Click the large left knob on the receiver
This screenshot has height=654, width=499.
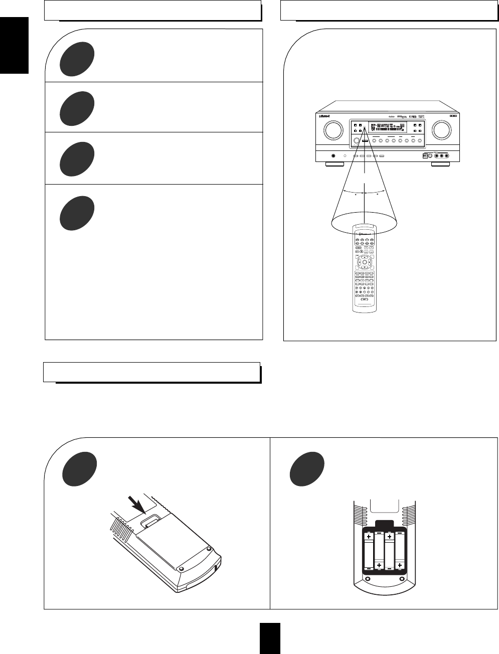tap(331, 130)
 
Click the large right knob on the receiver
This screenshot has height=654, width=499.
tap(441, 130)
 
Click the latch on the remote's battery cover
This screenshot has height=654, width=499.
tap(150, 522)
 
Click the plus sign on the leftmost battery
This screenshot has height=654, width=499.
tap(369, 537)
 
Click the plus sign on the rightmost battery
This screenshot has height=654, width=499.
tap(400, 566)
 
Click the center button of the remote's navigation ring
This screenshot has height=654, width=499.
tap(364, 262)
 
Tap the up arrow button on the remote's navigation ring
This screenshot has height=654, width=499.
tap(364, 256)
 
